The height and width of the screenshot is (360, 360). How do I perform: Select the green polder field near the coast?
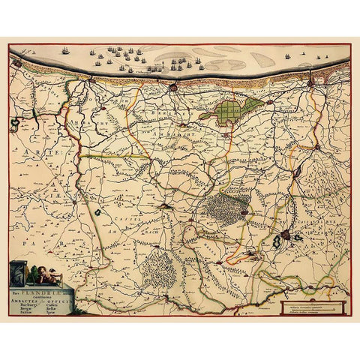click(x=232, y=111)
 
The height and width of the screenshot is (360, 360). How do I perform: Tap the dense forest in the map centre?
click(x=223, y=204)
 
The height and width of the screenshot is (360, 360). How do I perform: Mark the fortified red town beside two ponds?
click(x=286, y=240)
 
